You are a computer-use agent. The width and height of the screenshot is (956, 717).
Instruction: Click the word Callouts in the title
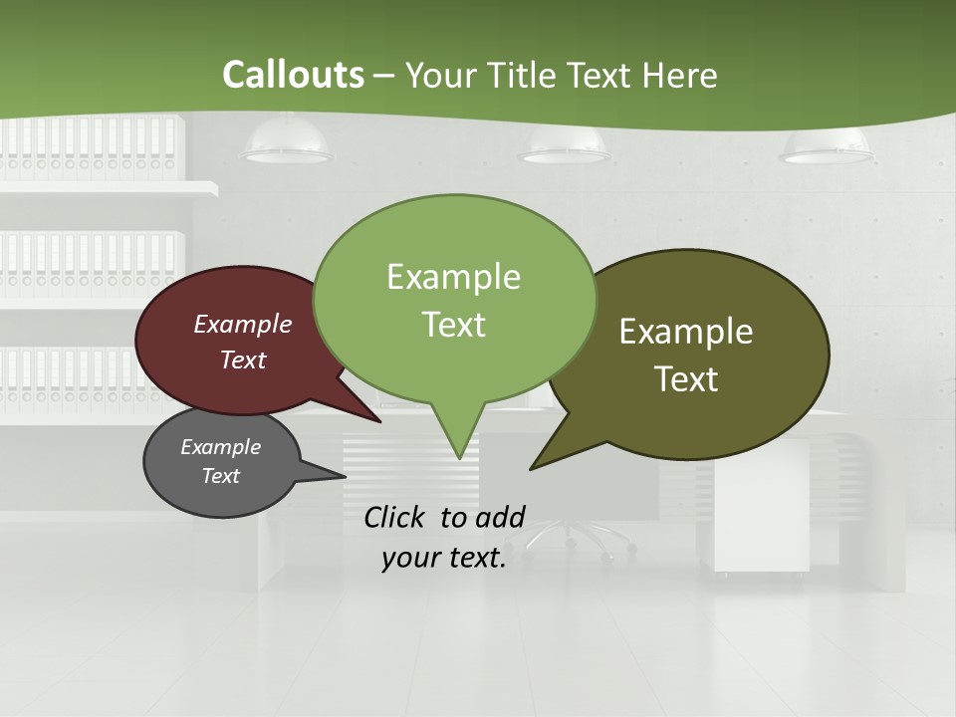click(293, 75)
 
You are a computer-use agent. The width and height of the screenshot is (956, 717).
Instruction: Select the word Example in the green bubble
click(453, 277)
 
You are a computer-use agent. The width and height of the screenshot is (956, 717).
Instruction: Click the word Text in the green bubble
click(453, 325)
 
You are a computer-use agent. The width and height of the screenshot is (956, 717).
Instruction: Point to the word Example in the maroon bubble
click(243, 324)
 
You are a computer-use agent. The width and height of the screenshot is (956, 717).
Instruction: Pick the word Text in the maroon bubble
click(243, 359)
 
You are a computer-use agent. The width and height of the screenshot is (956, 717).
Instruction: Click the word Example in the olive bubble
click(686, 332)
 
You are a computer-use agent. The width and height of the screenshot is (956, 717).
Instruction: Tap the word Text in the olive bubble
click(686, 379)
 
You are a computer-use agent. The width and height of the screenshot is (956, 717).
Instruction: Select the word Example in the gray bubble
click(220, 447)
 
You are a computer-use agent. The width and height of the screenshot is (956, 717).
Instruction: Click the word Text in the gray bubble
click(220, 476)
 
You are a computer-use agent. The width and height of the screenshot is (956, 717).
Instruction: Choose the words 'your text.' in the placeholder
click(444, 558)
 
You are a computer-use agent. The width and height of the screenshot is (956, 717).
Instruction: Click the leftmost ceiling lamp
click(287, 145)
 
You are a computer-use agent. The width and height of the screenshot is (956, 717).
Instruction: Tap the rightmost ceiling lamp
click(829, 147)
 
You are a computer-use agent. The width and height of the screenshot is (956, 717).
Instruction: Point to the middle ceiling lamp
click(564, 147)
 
